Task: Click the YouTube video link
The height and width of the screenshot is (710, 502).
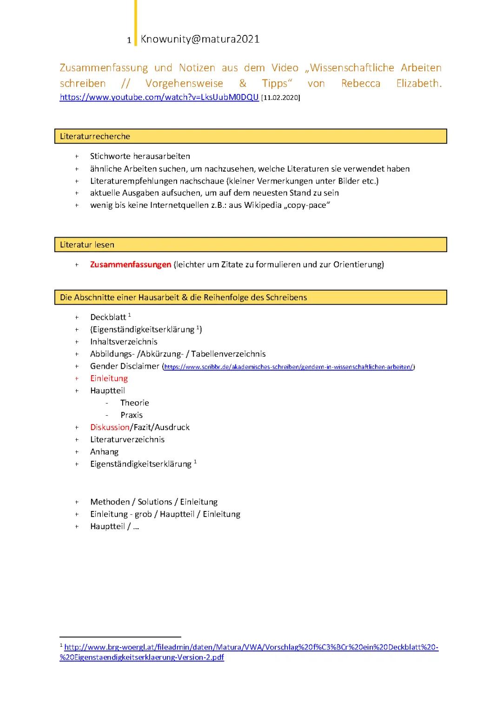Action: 159,97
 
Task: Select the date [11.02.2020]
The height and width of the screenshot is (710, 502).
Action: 281,98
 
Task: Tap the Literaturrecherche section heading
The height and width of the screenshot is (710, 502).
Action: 95,136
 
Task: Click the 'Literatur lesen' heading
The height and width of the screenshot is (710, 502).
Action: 87,245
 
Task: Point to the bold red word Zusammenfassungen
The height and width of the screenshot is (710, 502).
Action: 131,265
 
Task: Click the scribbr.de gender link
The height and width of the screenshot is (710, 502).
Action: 288,367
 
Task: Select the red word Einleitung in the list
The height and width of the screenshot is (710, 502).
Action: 109,378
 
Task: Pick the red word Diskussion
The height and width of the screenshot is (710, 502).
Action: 110,427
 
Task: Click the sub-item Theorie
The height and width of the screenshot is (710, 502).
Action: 134,403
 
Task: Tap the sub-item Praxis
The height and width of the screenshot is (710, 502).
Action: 131,415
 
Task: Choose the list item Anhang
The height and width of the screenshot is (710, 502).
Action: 104,451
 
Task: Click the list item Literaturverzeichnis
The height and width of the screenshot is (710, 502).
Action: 127,439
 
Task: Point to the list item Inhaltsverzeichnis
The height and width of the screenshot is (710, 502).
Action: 124,342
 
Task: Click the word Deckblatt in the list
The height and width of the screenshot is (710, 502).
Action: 108,318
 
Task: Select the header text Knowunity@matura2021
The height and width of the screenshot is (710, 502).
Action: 200,39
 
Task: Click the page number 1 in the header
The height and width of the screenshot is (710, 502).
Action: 129,40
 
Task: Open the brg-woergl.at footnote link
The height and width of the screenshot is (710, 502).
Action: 251,652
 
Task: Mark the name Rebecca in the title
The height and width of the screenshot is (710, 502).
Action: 360,84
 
